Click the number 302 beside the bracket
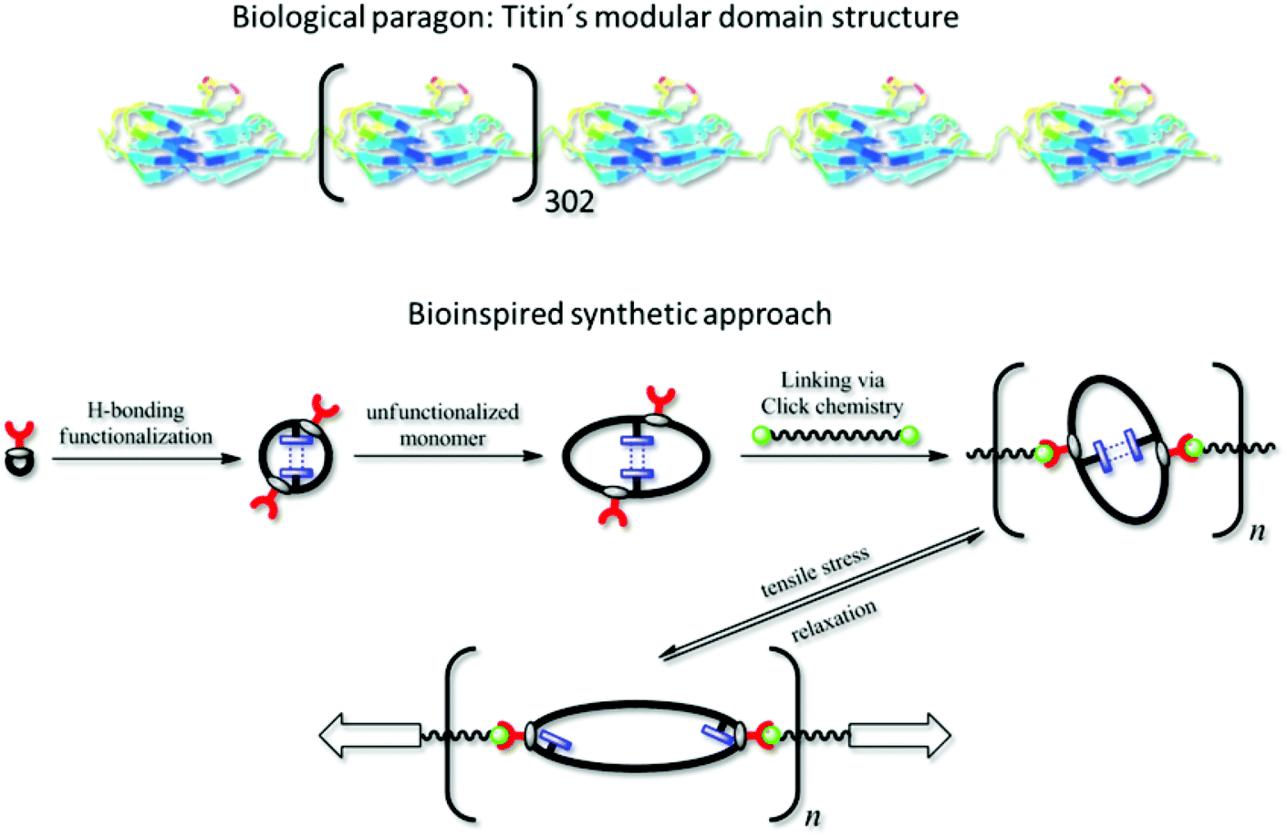pyautogui.click(x=569, y=201)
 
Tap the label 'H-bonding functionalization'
pyautogui.click(x=136, y=423)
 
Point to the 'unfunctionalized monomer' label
pyautogui.click(x=442, y=425)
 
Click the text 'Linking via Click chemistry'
pyautogui.click(x=832, y=393)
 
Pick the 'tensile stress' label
pyautogui.click(x=815, y=572)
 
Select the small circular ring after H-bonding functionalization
pyautogui.click(x=296, y=456)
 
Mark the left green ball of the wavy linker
pyautogui.click(x=763, y=436)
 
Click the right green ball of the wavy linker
pyautogui.click(x=909, y=436)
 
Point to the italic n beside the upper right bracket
pyautogui.click(x=1257, y=531)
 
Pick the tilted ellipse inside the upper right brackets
pyautogui.click(x=1118, y=450)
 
